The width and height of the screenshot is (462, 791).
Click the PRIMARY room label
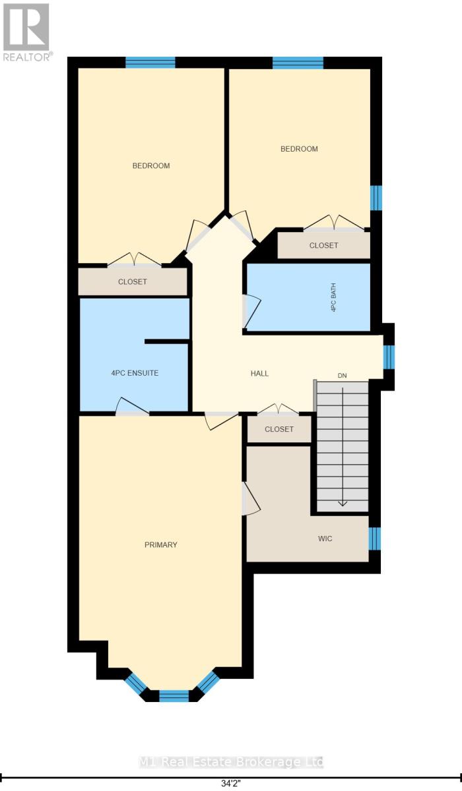coord(161,544)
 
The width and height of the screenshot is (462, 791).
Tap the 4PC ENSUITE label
coord(135,373)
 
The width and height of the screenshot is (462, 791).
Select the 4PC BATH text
coord(334,297)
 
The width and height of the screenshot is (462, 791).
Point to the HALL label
coord(259,373)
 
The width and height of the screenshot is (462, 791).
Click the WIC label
coord(325,539)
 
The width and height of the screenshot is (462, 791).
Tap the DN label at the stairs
coord(342,376)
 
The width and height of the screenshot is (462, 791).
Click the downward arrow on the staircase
coord(342,502)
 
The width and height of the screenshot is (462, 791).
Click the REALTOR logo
coord(26,32)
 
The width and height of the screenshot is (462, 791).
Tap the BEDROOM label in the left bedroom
coord(151,165)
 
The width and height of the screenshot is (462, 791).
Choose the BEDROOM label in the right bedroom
coord(299,149)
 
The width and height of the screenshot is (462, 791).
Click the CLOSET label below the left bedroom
coord(133,281)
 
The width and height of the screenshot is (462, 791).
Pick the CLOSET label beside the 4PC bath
coord(323,245)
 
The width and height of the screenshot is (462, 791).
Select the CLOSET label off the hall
coord(279,429)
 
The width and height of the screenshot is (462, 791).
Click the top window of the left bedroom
coord(150,63)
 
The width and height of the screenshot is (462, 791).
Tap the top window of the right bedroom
coord(298,63)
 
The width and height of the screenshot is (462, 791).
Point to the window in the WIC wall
coord(374,539)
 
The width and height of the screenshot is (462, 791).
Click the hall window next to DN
coord(389,356)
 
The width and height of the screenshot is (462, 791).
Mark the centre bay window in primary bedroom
coord(174,695)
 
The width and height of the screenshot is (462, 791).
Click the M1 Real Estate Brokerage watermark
coord(231,762)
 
